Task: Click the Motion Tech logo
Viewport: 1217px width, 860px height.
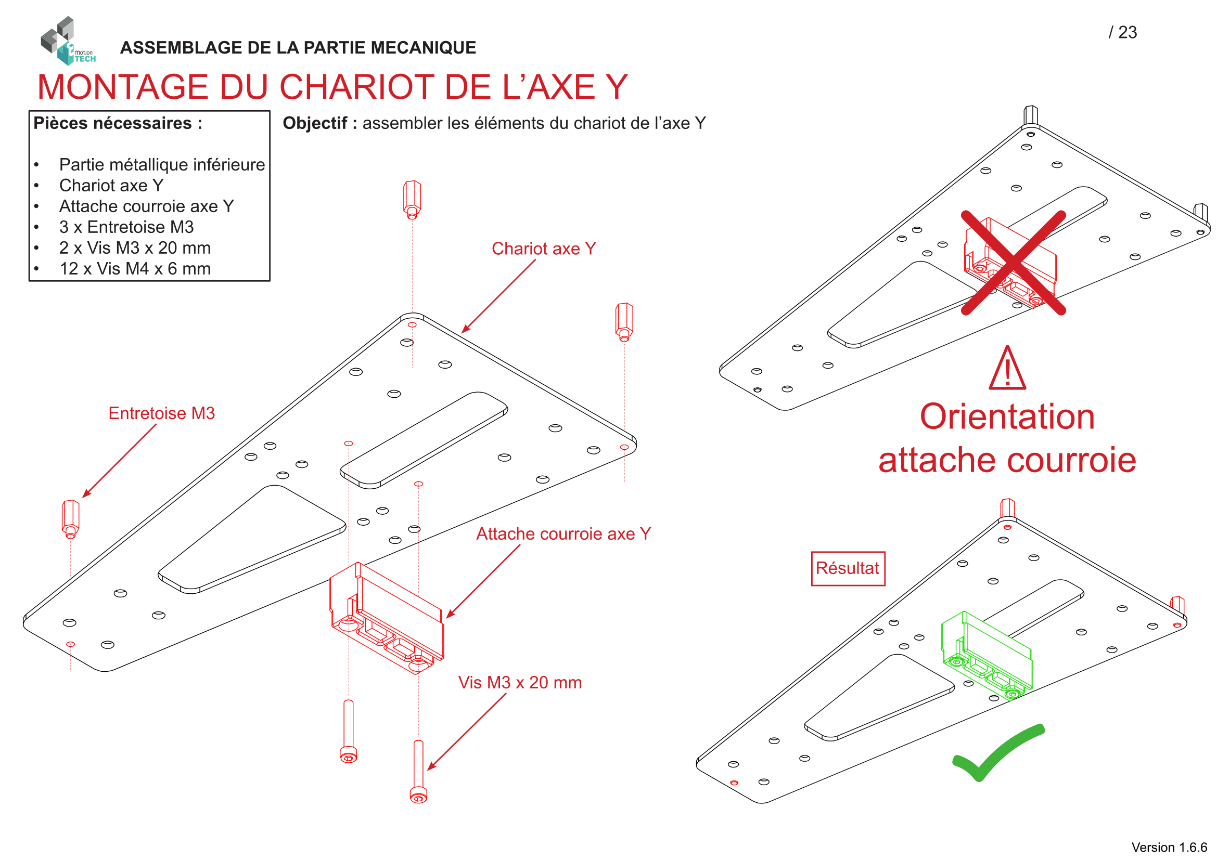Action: pyautogui.click(x=67, y=41)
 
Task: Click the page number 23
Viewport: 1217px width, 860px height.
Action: pyautogui.click(x=1127, y=32)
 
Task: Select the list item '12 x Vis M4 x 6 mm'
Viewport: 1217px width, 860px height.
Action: pyautogui.click(x=135, y=269)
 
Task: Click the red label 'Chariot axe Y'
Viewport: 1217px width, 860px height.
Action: pyautogui.click(x=544, y=249)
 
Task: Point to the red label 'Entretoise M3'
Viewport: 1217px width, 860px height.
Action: pyautogui.click(x=162, y=413)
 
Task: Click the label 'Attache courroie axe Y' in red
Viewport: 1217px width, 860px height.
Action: pyautogui.click(x=563, y=535)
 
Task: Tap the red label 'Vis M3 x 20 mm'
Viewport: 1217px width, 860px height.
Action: pyautogui.click(x=520, y=683)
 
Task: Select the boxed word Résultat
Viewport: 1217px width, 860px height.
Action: pyautogui.click(x=848, y=569)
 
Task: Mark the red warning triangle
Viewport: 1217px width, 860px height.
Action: pyautogui.click(x=1007, y=370)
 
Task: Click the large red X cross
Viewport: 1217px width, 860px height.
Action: pyautogui.click(x=1013, y=263)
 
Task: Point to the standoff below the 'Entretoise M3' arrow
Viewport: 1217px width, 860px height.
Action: pyautogui.click(x=70, y=518)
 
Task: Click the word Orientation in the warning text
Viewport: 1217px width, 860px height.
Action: pyautogui.click(x=1007, y=418)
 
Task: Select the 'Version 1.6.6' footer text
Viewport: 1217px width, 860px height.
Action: pyautogui.click(x=1169, y=848)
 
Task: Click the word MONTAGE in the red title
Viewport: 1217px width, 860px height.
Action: pyautogui.click(x=122, y=87)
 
